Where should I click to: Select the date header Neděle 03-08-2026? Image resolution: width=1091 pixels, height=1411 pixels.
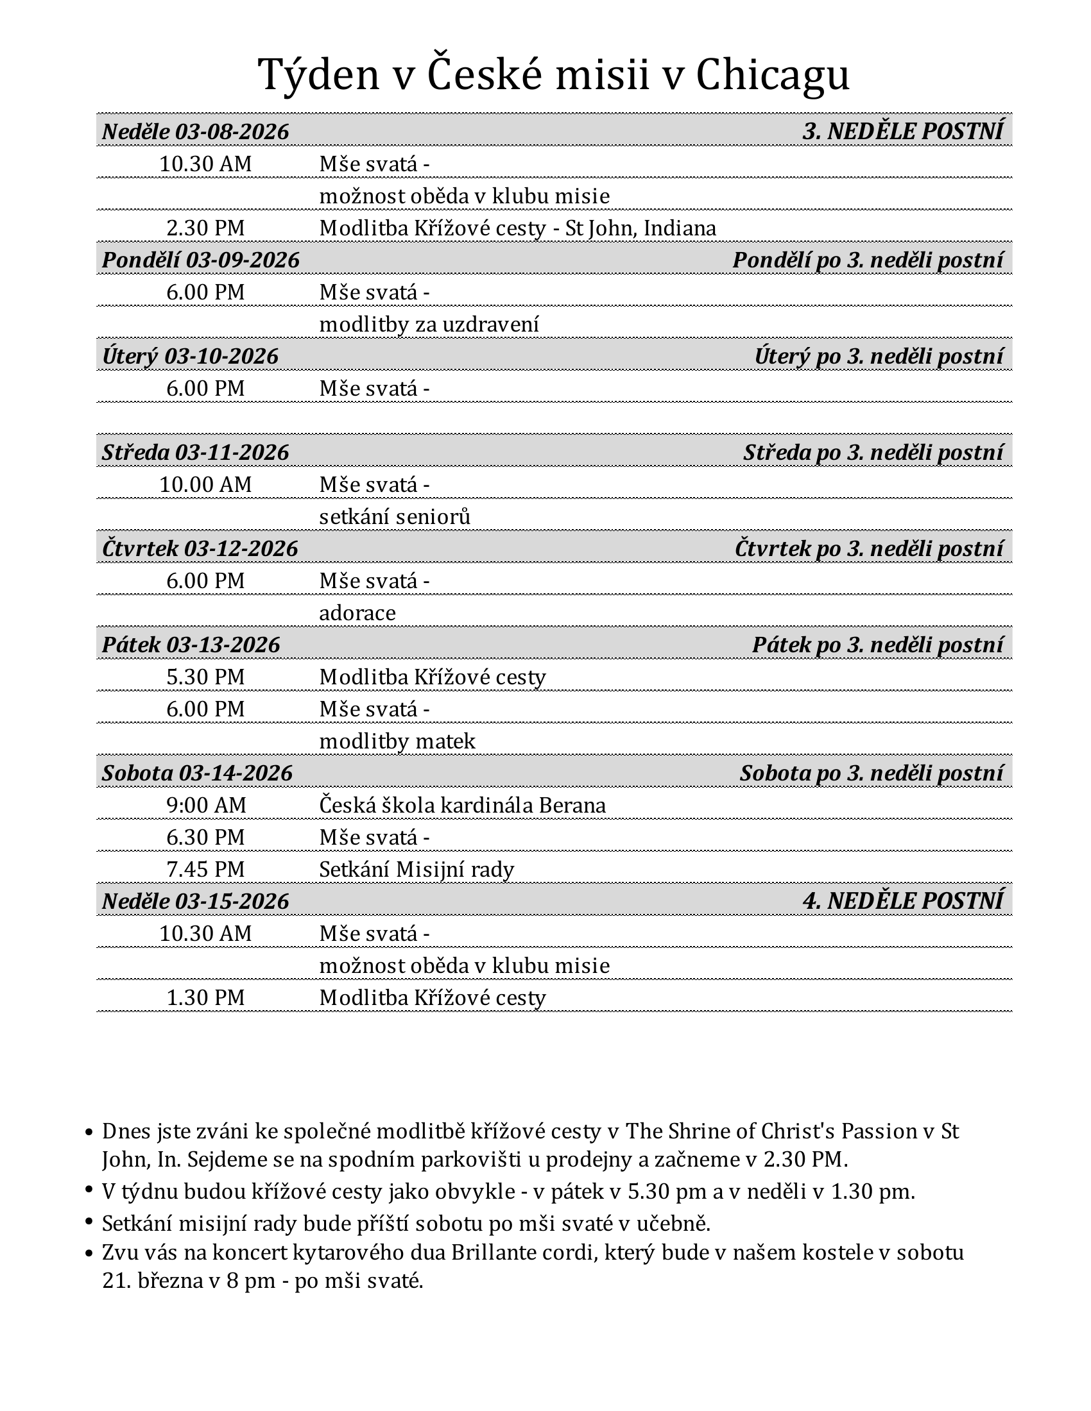tap(195, 131)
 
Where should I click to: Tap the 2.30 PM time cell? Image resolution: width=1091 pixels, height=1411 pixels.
tap(205, 228)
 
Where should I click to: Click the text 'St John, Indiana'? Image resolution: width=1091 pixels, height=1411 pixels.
tap(640, 228)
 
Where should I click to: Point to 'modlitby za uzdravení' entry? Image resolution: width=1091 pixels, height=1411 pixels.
tap(429, 325)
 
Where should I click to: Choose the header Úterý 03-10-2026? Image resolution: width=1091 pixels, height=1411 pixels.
tap(190, 356)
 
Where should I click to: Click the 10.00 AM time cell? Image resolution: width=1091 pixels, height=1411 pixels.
tap(205, 484)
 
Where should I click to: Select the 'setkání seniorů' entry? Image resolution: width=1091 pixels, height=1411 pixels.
tap(394, 517)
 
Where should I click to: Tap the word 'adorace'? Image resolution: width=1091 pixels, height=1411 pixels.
tap(357, 613)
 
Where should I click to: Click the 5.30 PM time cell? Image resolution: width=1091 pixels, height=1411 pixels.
tap(205, 677)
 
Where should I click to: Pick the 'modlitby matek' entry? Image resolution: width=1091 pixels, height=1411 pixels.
tap(397, 741)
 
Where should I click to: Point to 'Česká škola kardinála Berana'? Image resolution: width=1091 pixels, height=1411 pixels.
tap(462, 806)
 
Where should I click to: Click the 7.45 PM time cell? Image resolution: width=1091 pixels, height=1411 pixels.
tap(205, 870)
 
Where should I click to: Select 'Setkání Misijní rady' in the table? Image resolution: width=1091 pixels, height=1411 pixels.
tap(417, 870)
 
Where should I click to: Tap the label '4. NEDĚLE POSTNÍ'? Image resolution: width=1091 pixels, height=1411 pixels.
tap(902, 900)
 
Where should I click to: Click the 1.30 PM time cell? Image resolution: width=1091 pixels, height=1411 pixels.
tap(205, 997)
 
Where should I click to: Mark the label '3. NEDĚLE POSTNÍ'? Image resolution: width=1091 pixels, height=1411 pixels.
tap(902, 131)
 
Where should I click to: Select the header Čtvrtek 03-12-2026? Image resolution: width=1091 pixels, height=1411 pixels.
tap(200, 548)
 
